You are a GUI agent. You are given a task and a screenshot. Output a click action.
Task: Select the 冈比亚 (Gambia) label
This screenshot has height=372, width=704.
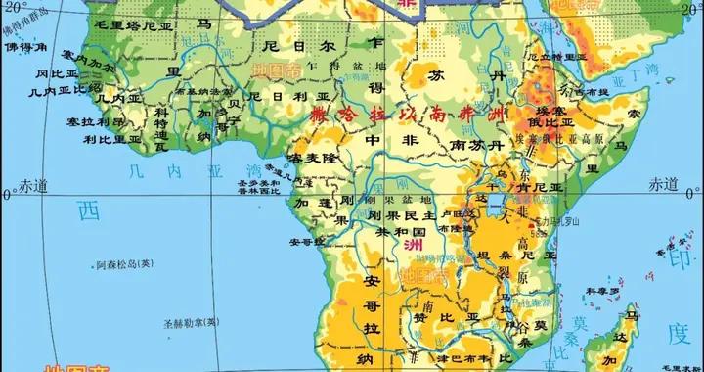point(58,73)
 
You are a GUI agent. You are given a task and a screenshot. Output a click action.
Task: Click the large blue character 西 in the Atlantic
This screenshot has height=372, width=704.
point(89,209)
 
